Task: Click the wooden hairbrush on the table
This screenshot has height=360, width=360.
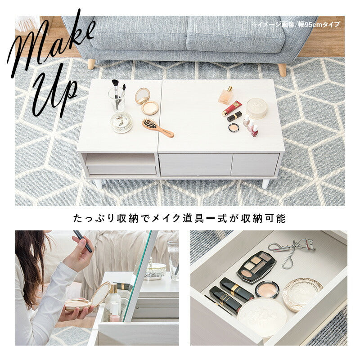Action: click(x=157, y=127)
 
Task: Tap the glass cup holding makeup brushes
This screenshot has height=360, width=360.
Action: click(x=117, y=99)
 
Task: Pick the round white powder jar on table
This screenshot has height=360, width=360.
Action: click(x=256, y=108)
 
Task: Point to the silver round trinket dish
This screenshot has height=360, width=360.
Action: click(x=121, y=122)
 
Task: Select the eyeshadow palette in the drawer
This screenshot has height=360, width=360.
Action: click(x=256, y=266)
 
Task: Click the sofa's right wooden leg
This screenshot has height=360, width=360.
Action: click(x=282, y=69)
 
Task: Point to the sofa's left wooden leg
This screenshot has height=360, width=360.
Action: click(x=91, y=63)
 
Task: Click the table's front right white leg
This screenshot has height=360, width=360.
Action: click(x=265, y=184)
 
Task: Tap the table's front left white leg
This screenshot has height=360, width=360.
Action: click(x=98, y=184)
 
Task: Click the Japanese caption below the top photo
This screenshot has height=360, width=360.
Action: click(x=180, y=219)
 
